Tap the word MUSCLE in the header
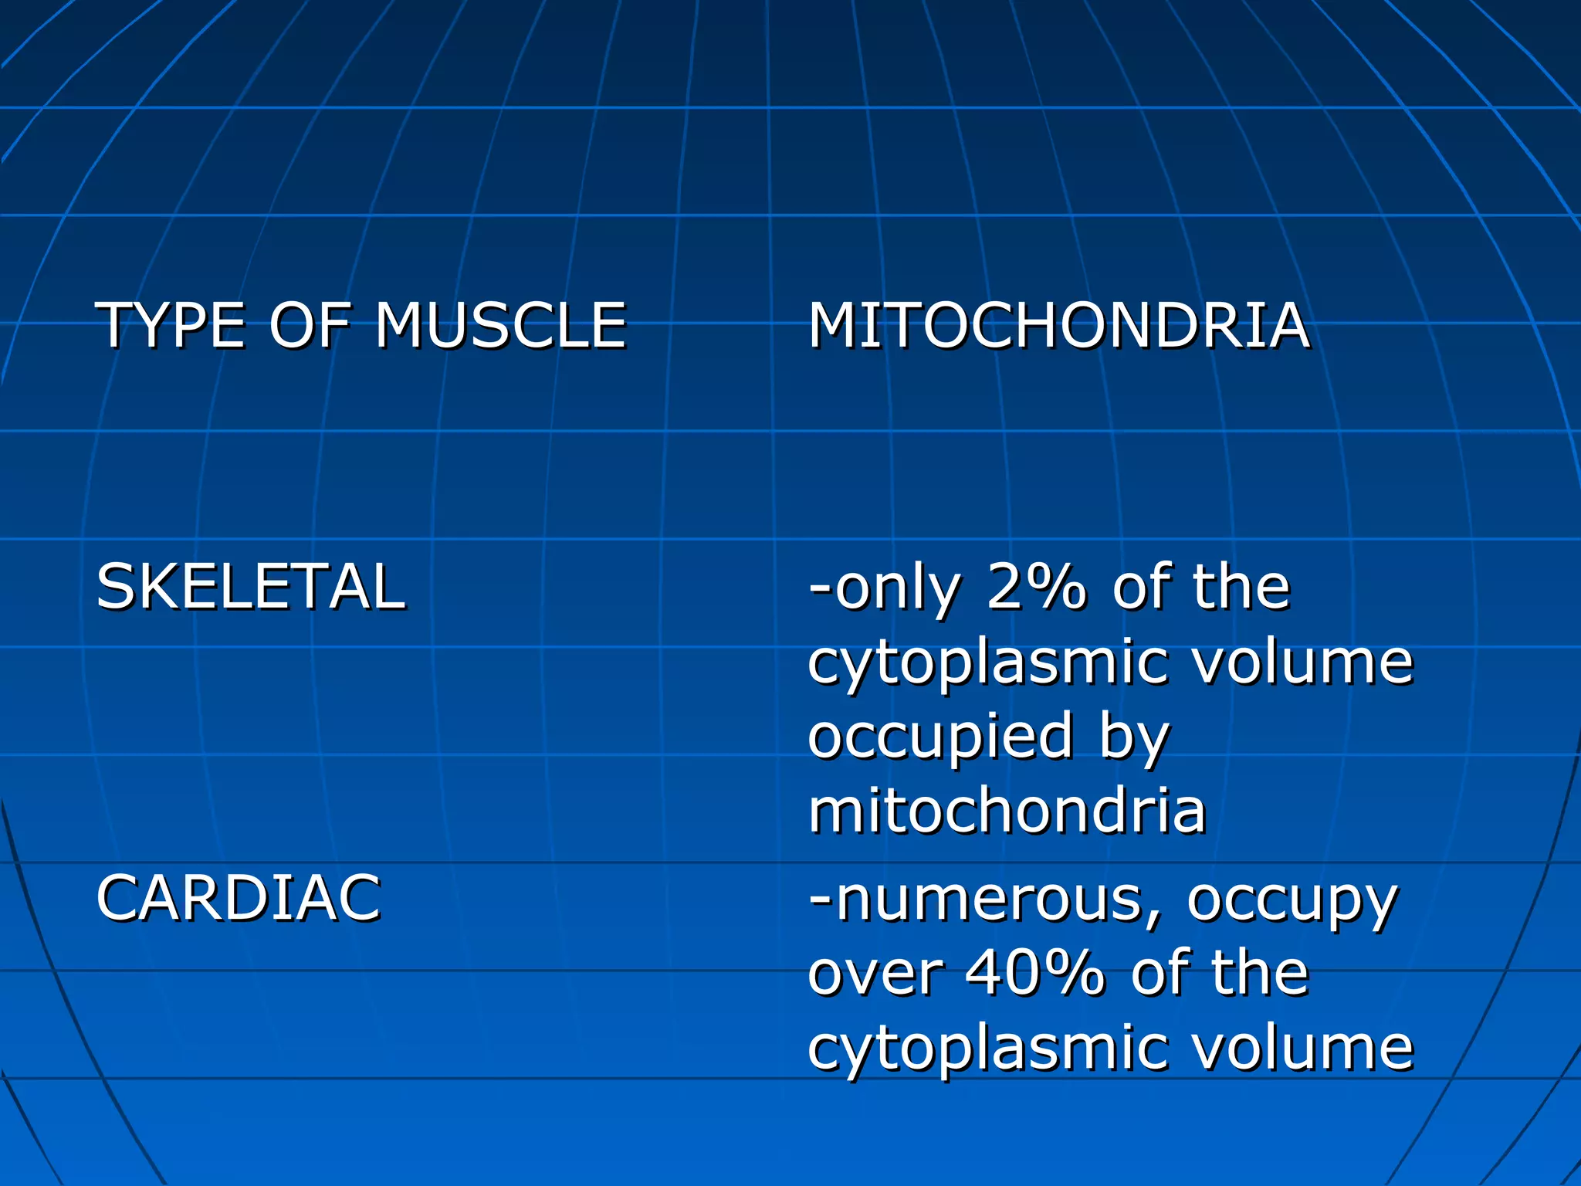click(500, 326)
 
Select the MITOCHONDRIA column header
click(1058, 326)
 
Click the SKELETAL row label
click(250, 587)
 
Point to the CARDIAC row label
click(239, 898)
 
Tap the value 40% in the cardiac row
click(1035, 973)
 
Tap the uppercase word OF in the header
click(308, 326)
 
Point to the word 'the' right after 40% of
click(1259, 973)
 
